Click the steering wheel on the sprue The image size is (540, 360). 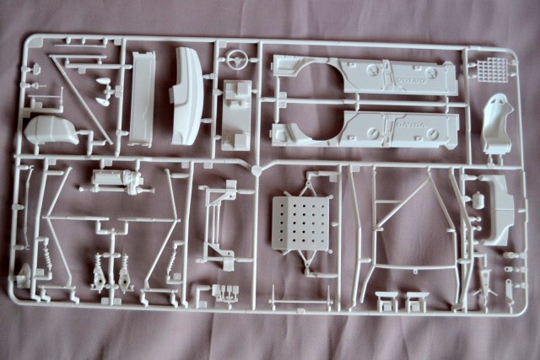coord(237,62)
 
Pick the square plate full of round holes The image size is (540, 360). coord(301,223)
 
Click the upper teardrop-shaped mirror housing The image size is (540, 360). coord(103,83)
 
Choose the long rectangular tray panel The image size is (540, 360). coord(143,98)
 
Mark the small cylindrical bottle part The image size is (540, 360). coord(478,201)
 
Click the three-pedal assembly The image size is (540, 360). coord(225,293)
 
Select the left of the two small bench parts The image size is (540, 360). coord(386,300)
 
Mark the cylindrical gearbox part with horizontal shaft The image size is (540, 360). coord(114,180)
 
